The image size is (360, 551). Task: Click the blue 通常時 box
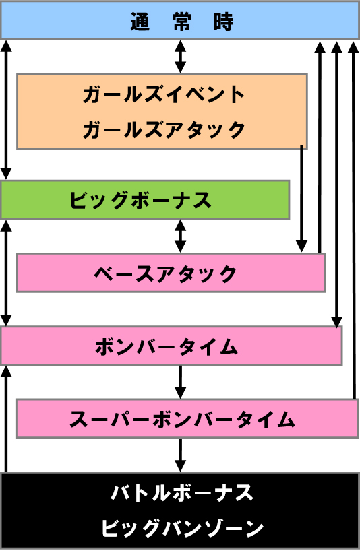pyautogui.click(x=179, y=20)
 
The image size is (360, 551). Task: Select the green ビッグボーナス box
pyautogui.click(x=145, y=200)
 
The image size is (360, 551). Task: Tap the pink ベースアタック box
pyautogui.click(x=171, y=273)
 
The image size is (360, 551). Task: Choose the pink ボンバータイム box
pyautogui.click(x=171, y=346)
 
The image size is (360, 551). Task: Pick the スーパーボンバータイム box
pyautogui.click(x=187, y=418)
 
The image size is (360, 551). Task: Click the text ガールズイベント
pyautogui.click(x=163, y=94)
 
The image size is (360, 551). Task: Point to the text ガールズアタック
pyautogui.click(x=163, y=129)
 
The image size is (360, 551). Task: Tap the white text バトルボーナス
pyautogui.click(x=182, y=492)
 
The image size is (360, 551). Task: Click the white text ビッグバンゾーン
pyautogui.click(x=183, y=528)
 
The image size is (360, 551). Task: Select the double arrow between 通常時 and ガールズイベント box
pyautogui.click(x=181, y=57)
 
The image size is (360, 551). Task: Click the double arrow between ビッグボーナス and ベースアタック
pyautogui.click(x=181, y=236)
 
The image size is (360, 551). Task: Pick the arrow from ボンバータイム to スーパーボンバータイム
pyautogui.click(x=181, y=382)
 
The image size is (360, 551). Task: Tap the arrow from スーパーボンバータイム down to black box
pyautogui.click(x=181, y=455)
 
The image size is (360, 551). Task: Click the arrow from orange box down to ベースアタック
pyautogui.click(x=301, y=199)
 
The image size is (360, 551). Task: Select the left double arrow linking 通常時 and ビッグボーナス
pyautogui.click(x=6, y=110)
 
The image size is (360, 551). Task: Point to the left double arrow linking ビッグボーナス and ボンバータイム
pyautogui.click(x=6, y=273)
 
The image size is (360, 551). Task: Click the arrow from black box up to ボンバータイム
pyautogui.click(x=6, y=418)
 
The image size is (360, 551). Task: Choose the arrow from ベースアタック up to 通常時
pyautogui.click(x=320, y=147)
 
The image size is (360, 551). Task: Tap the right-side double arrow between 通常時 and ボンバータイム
pyautogui.click(x=336, y=184)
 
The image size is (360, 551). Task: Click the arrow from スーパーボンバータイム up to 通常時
pyautogui.click(x=353, y=220)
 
